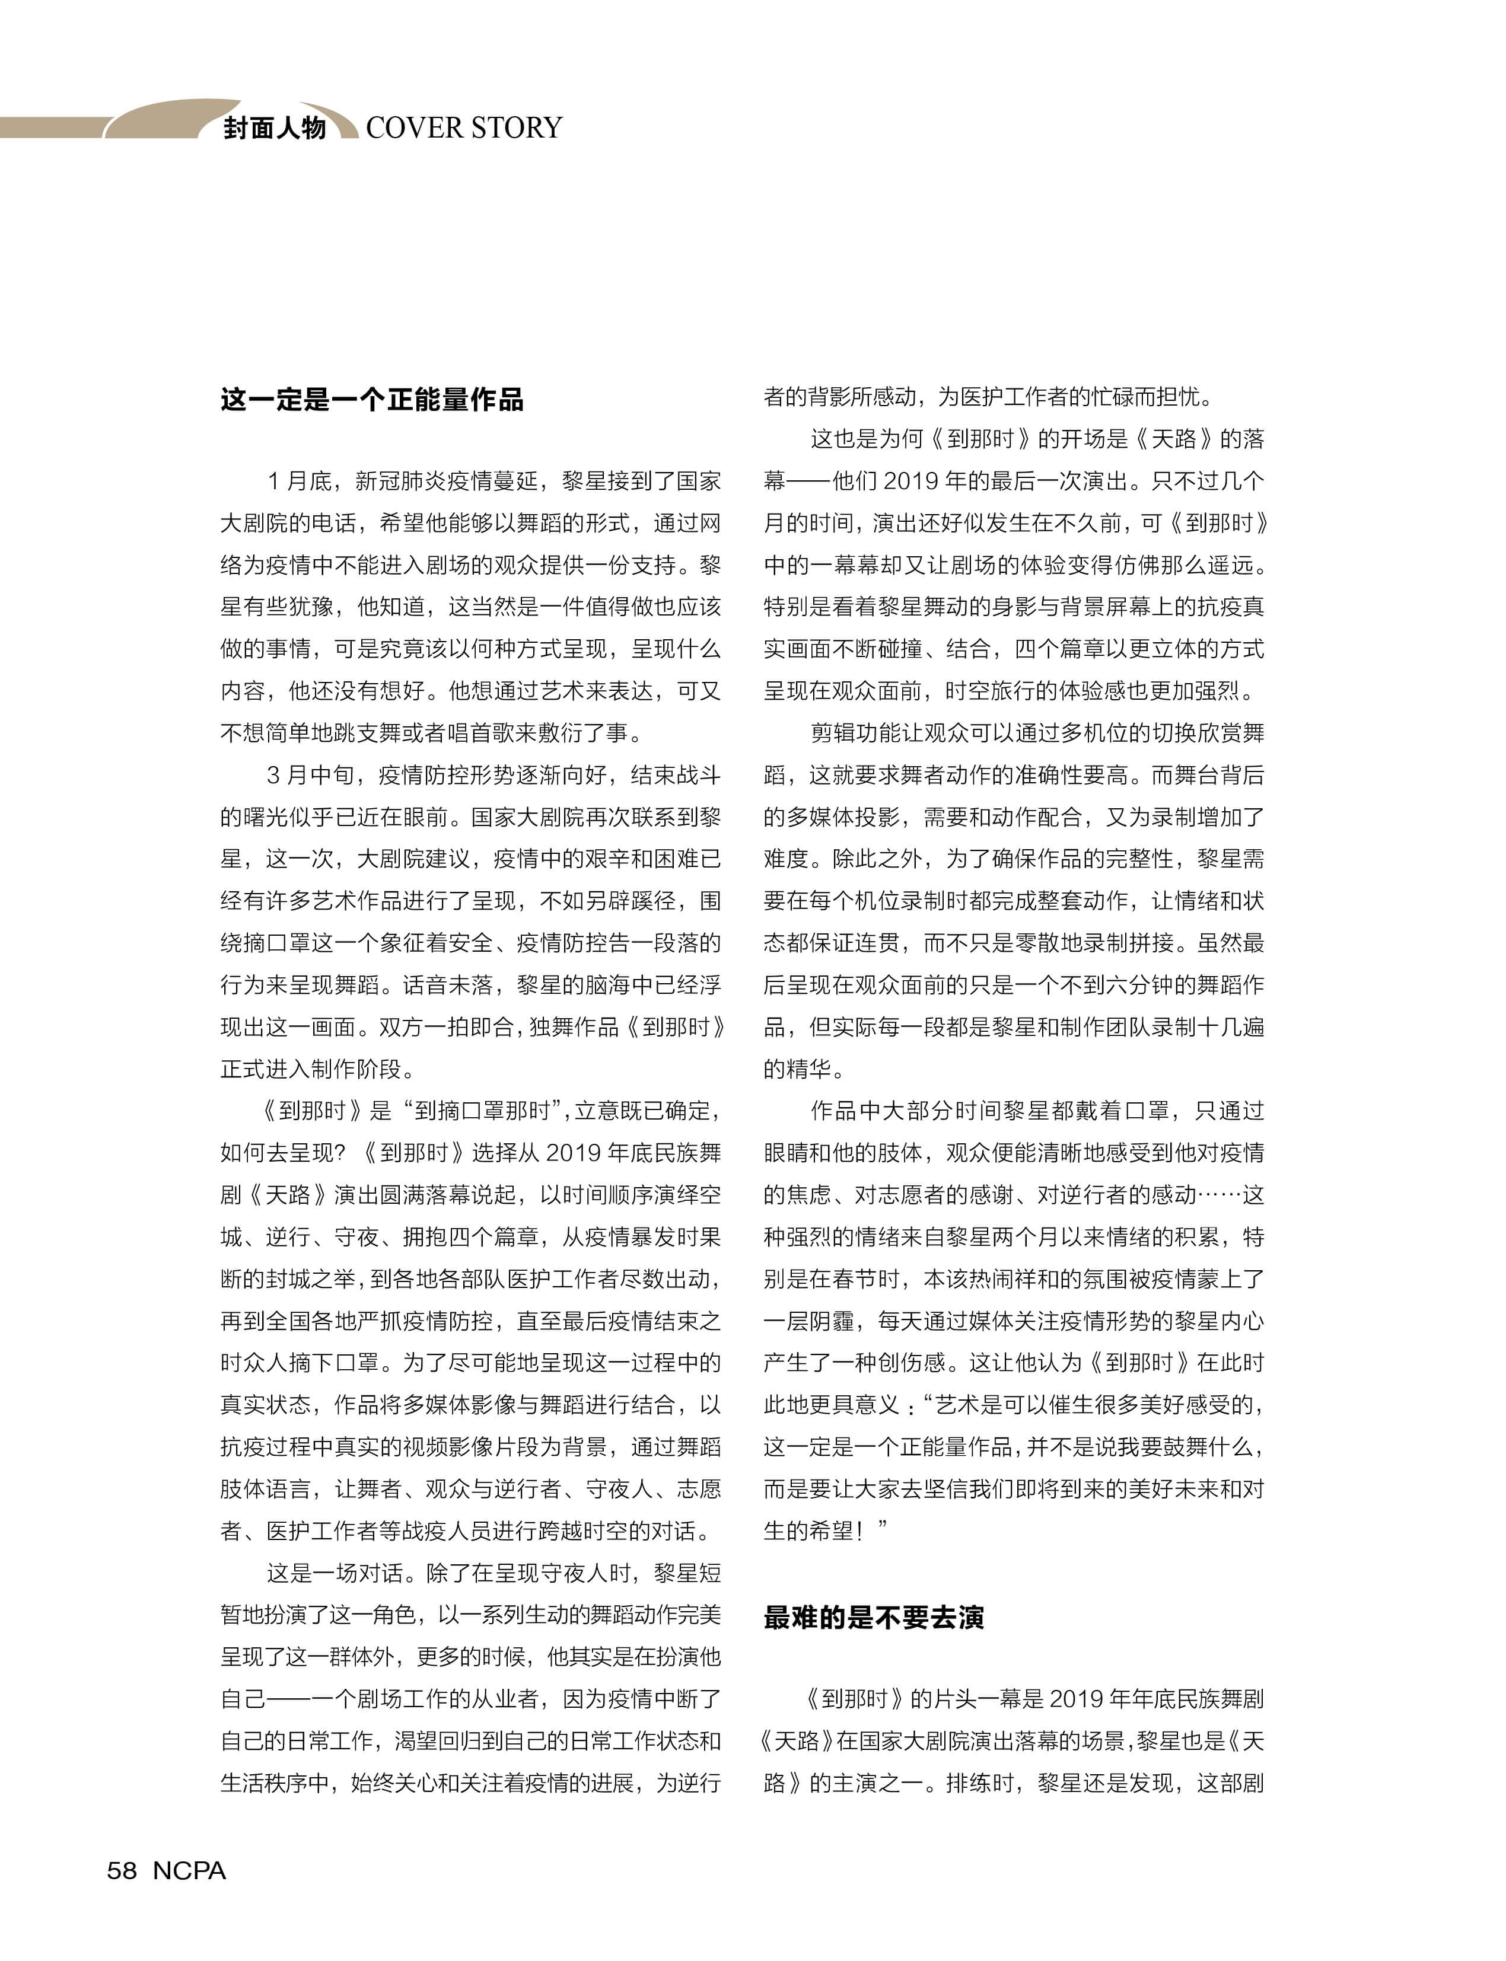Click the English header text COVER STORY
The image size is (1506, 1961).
[x=463, y=127]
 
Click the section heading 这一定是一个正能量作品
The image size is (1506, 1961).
[x=372, y=400]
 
